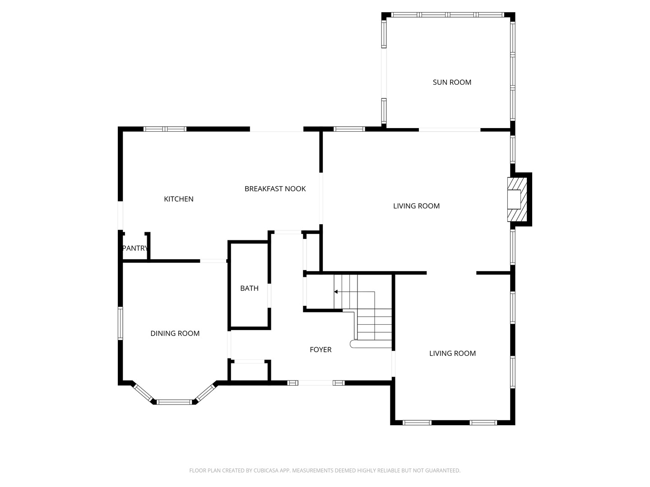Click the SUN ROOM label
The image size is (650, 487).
[452, 82]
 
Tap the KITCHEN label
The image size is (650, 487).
[178, 199]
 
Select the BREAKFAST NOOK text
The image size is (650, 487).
[275, 188]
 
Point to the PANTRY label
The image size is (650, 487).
[135, 248]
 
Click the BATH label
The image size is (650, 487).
[249, 288]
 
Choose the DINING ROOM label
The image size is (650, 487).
[175, 333]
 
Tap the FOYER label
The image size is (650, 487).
[320, 349]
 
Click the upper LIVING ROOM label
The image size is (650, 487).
[416, 206]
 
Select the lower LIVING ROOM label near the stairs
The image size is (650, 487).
[452, 353]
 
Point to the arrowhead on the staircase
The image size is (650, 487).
[336, 292]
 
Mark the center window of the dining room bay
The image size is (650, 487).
[174, 401]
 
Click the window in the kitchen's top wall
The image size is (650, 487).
[165, 129]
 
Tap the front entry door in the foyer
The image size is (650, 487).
[316, 383]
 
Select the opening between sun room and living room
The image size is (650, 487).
[450, 130]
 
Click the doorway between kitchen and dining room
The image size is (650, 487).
[213, 261]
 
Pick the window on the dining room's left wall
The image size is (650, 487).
[121, 323]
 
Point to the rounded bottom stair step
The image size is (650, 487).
[354, 344]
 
